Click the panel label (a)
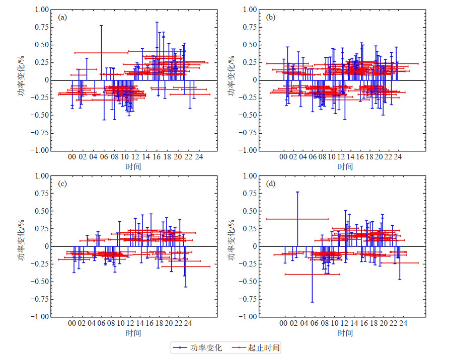click(62, 17)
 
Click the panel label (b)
click(270, 17)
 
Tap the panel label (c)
click(62, 184)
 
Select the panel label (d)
click(270, 184)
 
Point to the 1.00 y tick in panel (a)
click(43, 10)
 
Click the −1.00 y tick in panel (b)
click(248, 150)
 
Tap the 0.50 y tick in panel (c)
click(43, 211)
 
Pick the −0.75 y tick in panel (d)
click(248, 299)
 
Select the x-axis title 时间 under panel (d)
click(345, 333)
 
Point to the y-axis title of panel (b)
click(231, 80)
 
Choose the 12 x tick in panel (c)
click(130, 324)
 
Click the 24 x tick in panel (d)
click(403, 324)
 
